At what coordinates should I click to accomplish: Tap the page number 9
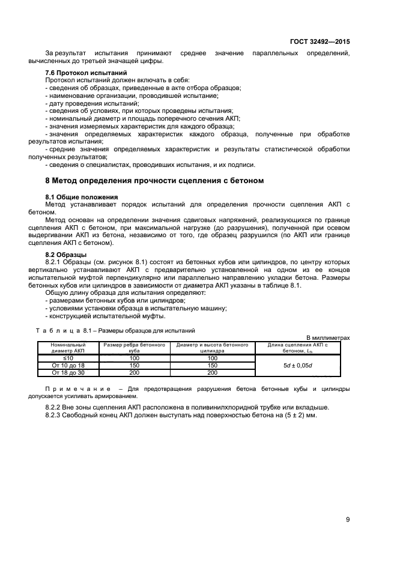click(348, 519)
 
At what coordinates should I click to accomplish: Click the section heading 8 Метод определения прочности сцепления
click(155, 181)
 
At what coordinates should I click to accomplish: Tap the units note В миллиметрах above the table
click(328, 338)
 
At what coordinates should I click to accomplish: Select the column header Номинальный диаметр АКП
click(68, 348)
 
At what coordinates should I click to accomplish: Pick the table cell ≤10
click(68, 358)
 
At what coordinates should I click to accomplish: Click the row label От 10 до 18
click(68, 365)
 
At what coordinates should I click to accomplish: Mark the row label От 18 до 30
click(68, 372)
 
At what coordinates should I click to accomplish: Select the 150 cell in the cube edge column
click(135, 365)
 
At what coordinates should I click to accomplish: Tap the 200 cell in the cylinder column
click(212, 372)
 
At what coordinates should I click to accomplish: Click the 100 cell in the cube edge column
click(135, 358)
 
